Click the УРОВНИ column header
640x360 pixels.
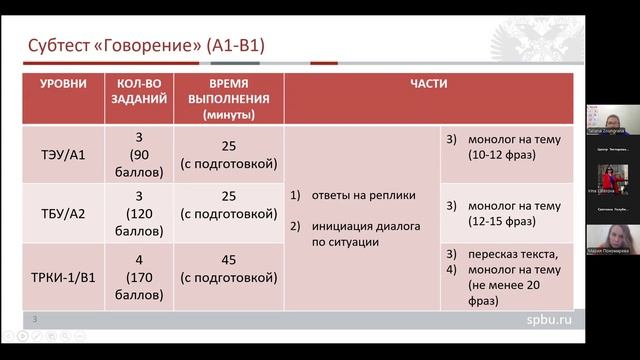point(69,86)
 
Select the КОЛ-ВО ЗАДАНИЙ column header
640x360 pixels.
point(139,93)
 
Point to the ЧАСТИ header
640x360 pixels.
point(427,86)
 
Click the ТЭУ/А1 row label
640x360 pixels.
point(69,155)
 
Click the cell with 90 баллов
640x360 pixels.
point(139,155)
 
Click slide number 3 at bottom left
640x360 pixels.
point(36,319)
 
